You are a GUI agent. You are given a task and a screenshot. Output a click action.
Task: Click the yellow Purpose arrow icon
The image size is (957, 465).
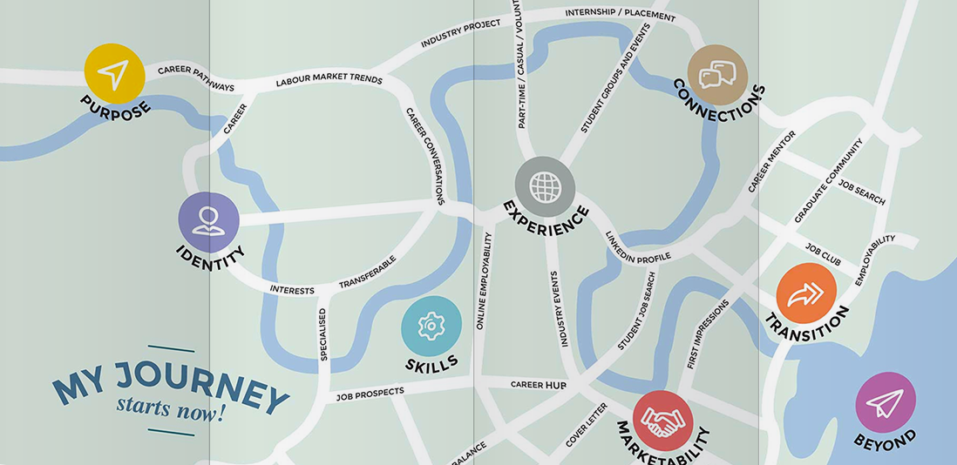click(x=114, y=74)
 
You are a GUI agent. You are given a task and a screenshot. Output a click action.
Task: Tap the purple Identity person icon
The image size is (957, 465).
click(x=208, y=221)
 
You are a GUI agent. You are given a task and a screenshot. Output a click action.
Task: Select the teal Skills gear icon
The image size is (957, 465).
click(x=431, y=326)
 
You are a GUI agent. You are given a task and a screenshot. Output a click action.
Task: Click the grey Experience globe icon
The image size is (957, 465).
click(x=545, y=185)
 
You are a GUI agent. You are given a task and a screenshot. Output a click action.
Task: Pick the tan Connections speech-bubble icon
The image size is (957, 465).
click(x=717, y=75)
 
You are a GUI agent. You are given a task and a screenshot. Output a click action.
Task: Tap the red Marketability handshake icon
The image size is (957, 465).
click(x=662, y=421)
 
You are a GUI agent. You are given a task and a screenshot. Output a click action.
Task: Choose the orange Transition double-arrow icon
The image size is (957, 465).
click(x=805, y=293)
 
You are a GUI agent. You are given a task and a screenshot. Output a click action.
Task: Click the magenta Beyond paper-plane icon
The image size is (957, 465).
click(x=885, y=402)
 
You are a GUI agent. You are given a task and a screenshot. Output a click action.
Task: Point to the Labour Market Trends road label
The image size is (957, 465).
click(x=329, y=81)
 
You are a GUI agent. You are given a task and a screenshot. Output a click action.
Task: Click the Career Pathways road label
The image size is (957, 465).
click(x=196, y=78)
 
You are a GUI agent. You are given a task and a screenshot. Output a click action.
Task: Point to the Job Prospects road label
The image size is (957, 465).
click(x=370, y=394)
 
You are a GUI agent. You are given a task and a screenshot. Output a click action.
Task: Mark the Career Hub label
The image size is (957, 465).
click(x=539, y=384)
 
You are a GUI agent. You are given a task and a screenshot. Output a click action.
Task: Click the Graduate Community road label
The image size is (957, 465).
click(x=828, y=180)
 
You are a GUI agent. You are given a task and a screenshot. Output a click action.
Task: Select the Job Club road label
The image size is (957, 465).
click(x=823, y=254)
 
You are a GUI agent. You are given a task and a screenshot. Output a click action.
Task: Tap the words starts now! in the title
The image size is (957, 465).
click(x=171, y=407)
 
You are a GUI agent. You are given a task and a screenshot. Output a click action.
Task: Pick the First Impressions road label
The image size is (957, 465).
click(x=708, y=334)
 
